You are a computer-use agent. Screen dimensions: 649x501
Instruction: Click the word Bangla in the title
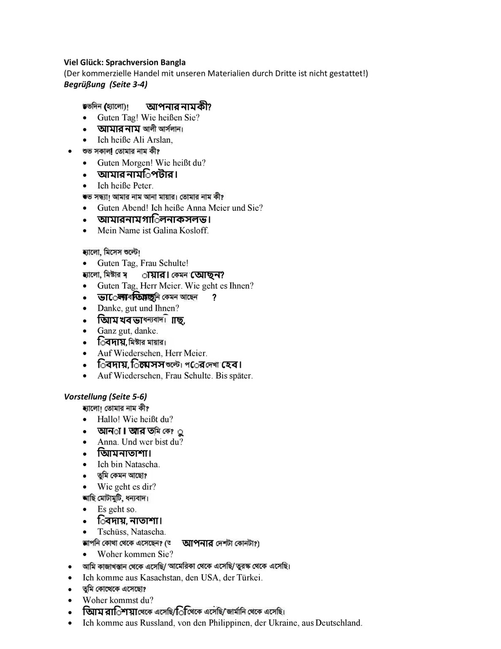[x=172, y=63]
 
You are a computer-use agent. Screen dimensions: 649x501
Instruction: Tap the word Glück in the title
[x=90, y=63]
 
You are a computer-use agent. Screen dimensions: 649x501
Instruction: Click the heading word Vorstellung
[x=85, y=397]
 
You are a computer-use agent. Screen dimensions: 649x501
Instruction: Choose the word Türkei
[x=250, y=578]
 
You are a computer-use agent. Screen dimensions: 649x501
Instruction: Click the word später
[x=241, y=376]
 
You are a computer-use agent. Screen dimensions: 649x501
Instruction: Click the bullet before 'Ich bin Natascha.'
[x=86, y=465]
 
